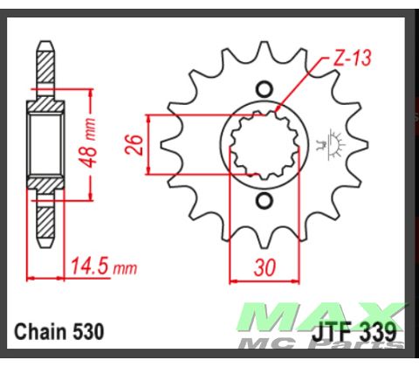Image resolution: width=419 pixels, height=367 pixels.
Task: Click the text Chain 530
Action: click(59, 332)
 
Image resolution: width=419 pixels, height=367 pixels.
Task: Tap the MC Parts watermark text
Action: click(348, 344)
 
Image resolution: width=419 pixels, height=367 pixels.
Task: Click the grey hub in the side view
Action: click(44, 144)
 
